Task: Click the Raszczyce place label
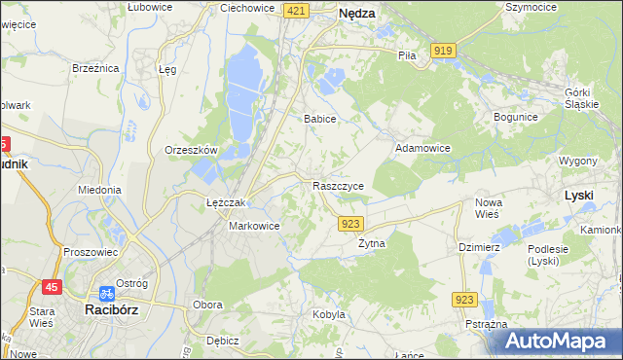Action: pyautogui.click(x=339, y=185)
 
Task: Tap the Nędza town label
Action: pyautogui.click(x=357, y=15)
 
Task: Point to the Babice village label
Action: pyautogui.click(x=319, y=119)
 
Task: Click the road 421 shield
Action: pyautogui.click(x=297, y=10)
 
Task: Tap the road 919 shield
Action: pyautogui.click(x=445, y=50)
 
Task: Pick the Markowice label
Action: pyautogui.click(x=254, y=226)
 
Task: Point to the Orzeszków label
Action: pyautogui.click(x=191, y=151)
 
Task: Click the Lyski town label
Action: pyautogui.click(x=579, y=195)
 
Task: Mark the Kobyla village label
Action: pyautogui.click(x=329, y=314)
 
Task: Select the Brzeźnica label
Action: pyautogui.click(x=95, y=68)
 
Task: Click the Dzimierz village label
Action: pyautogui.click(x=479, y=247)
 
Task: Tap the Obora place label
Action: pyautogui.click(x=207, y=305)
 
